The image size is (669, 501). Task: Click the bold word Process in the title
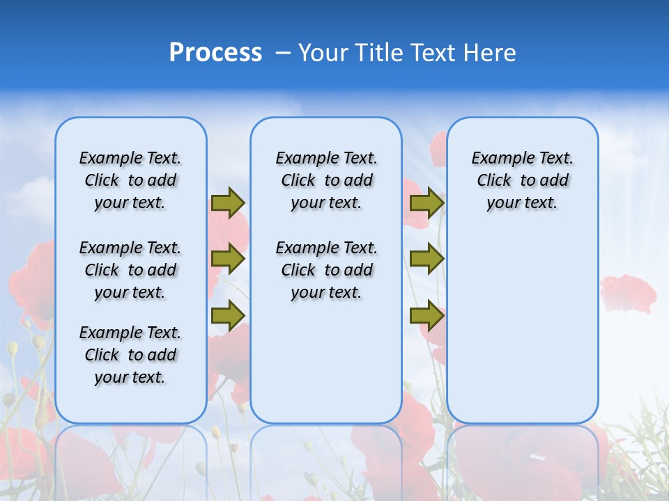(x=215, y=53)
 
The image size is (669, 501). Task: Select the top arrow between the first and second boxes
(x=228, y=202)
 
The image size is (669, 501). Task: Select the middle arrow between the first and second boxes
(x=228, y=259)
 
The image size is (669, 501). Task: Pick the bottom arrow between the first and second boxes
(x=228, y=315)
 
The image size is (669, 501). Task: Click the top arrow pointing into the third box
(x=426, y=202)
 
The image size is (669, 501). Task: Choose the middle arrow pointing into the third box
(x=426, y=259)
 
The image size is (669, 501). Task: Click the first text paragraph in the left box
(x=130, y=180)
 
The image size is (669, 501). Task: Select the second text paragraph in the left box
(x=130, y=270)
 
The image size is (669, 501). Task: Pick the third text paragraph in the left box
(x=130, y=355)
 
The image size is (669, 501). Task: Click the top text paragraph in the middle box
(x=326, y=180)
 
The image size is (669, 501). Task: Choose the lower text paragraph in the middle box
(x=326, y=270)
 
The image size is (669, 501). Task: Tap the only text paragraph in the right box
(x=523, y=180)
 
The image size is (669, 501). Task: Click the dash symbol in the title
(x=283, y=53)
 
